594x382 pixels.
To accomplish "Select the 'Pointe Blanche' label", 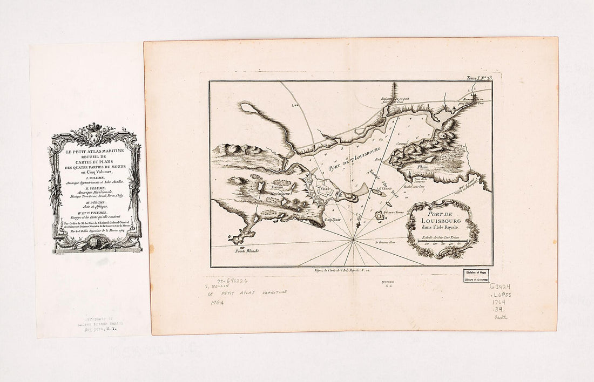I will pyautogui.click(x=248, y=250).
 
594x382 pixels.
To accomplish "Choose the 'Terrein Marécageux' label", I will pyautogui.click(x=283, y=190).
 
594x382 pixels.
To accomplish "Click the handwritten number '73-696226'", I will pyautogui.click(x=226, y=282).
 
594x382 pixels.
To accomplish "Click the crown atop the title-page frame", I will pyautogui.click(x=95, y=129).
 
